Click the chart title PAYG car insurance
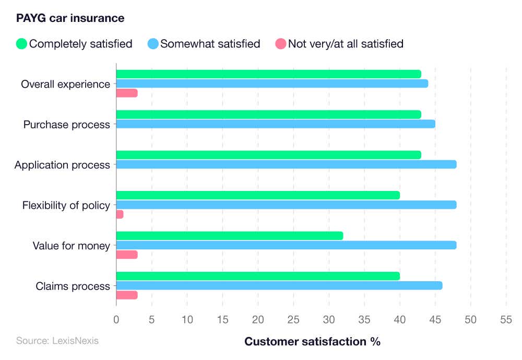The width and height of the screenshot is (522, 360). coord(70,18)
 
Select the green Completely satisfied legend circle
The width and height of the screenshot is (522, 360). coord(21,44)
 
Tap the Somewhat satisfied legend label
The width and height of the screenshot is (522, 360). coord(210,44)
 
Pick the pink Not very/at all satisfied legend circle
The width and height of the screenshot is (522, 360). coord(281,44)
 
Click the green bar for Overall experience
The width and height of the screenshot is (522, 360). coord(268,74)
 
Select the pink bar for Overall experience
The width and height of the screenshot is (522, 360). coord(126,93)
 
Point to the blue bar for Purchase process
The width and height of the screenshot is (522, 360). coord(275,124)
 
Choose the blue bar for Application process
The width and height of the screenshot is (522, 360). coord(286,164)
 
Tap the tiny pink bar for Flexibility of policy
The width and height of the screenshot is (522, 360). coord(120,214)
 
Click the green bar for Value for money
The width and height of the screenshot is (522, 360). coord(229,236)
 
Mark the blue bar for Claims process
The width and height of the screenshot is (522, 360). coord(279,285)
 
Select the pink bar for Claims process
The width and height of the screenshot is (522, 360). coord(126,295)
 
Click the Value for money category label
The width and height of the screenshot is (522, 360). coord(71,246)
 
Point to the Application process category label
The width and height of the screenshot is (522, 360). coord(62,165)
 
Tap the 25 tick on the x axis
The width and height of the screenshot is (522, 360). coord(293,320)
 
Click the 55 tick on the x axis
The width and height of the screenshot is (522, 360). coord(506,320)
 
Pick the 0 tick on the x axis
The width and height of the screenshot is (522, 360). coord(116,320)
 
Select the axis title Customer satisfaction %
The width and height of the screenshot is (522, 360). coord(312,342)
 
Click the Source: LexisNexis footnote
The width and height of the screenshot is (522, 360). coord(57,341)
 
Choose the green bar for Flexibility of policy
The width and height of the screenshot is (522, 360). coord(257,195)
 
